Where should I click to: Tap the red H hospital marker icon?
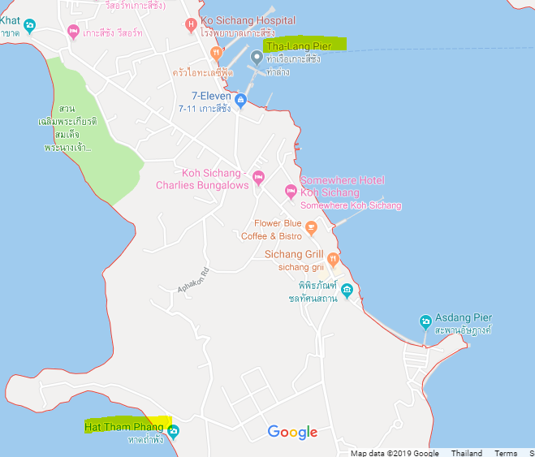[x=192, y=24]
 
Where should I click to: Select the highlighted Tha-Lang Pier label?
[x=304, y=45]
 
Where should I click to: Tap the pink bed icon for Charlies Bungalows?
[x=258, y=177]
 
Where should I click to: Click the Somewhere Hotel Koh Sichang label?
[x=342, y=186]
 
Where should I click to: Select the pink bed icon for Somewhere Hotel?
[x=290, y=192]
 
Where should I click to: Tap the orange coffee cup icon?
[x=311, y=230]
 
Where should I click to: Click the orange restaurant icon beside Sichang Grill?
[x=333, y=259]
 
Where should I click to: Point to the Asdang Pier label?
[x=463, y=317]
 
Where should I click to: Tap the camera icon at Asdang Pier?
[x=425, y=321]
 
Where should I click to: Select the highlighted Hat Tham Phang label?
[x=127, y=425]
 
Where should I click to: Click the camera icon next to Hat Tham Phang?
[x=172, y=431]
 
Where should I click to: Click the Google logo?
[x=292, y=433]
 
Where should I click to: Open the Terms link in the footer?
[x=506, y=453]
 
